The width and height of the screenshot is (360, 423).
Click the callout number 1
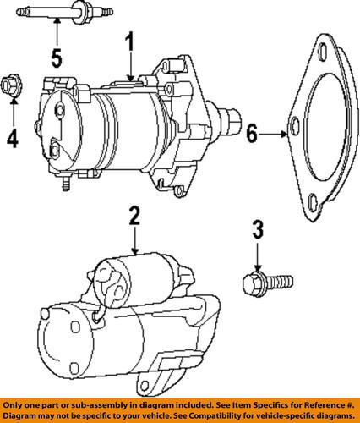point(130,42)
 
